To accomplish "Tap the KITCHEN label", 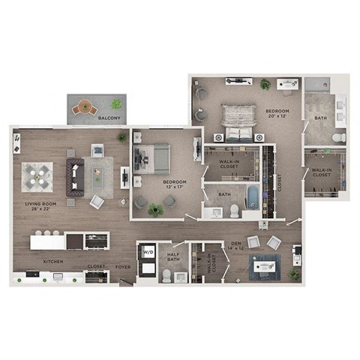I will [x=52, y=262].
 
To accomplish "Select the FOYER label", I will [x=122, y=266].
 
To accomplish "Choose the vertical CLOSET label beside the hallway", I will [x=279, y=183].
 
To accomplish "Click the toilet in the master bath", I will [x=338, y=138].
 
